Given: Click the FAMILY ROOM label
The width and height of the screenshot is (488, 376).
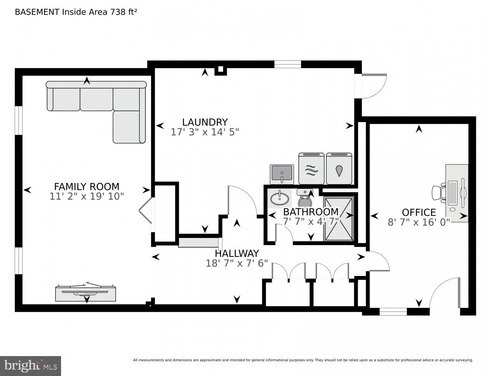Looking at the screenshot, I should [x=87, y=186].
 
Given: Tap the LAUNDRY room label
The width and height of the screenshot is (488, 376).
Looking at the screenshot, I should [x=205, y=122].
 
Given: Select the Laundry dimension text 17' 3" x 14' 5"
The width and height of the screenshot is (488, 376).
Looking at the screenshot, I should [x=205, y=132].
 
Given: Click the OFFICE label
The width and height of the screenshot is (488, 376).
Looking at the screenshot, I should [x=419, y=212].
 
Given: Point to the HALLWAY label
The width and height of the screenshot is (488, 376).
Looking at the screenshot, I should [x=237, y=253].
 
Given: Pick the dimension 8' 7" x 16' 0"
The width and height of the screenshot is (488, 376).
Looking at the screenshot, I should [x=419, y=222].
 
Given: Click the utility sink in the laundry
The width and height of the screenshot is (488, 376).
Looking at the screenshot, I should [x=281, y=174].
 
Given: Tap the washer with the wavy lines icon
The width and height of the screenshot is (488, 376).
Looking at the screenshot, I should [x=311, y=169].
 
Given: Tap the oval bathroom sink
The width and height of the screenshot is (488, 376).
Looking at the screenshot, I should [x=280, y=199].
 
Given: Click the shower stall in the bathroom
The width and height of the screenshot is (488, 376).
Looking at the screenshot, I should [x=338, y=218].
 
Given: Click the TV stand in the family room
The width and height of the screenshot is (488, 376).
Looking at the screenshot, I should [x=86, y=294].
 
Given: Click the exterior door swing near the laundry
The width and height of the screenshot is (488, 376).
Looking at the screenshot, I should [x=373, y=86].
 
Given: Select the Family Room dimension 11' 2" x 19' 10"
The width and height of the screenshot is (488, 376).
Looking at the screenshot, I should [x=87, y=196].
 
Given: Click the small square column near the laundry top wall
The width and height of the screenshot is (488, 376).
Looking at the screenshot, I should [x=221, y=70].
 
